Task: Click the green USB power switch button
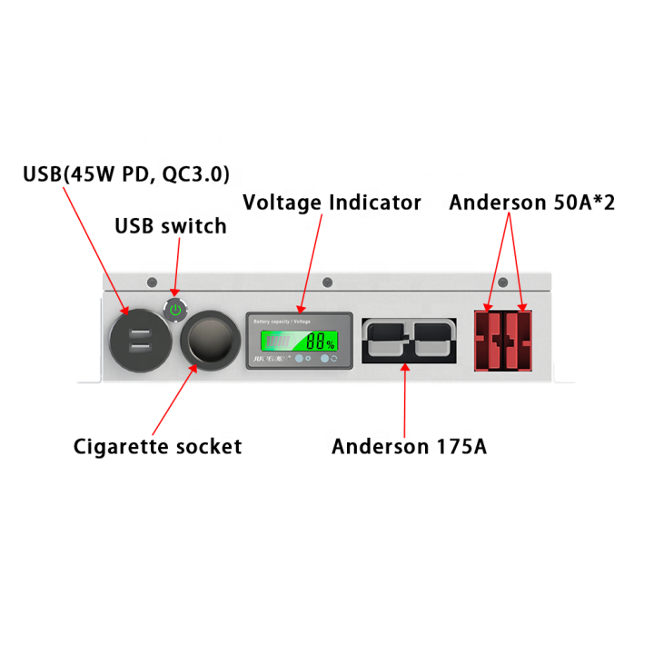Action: click(x=176, y=310)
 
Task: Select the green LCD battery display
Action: click(x=296, y=342)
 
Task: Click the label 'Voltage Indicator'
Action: click(x=332, y=203)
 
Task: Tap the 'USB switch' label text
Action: click(x=170, y=226)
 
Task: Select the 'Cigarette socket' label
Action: click(x=157, y=446)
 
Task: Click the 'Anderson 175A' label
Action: click(x=409, y=446)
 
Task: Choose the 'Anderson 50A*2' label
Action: click(x=531, y=203)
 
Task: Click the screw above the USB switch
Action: click(x=151, y=282)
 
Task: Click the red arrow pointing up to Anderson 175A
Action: click(x=404, y=400)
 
